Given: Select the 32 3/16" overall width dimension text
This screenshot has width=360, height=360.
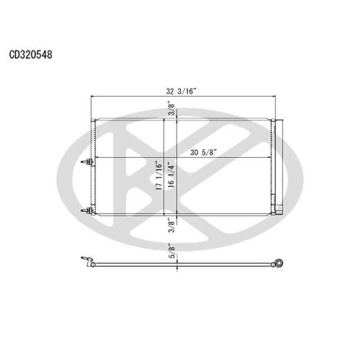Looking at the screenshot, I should pos(181,90).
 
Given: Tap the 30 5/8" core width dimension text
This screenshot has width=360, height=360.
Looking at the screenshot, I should pos(203,152).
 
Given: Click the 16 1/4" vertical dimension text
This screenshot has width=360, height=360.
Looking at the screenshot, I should pos(170,176).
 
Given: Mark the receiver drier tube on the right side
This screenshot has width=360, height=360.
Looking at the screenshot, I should pos(279,166).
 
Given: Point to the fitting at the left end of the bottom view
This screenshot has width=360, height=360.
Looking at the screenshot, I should pos(87,261).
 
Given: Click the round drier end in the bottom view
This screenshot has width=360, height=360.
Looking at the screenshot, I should pos(279,263).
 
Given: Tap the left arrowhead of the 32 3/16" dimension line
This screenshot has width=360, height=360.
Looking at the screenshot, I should pos(93,96).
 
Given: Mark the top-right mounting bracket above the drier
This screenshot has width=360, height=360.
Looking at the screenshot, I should pos(278,121).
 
